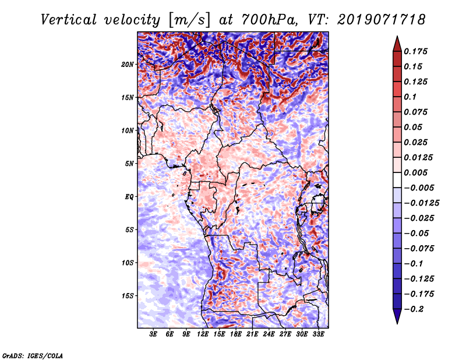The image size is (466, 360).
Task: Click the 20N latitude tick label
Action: click(128, 64)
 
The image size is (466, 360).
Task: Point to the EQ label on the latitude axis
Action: click(129, 197)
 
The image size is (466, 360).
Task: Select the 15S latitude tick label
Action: click(128, 296)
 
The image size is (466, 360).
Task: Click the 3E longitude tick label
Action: click(154, 334)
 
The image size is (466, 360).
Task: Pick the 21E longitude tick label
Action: click(252, 334)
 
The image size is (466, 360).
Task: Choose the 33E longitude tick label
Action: click(318, 334)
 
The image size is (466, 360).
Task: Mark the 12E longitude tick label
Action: click(203, 334)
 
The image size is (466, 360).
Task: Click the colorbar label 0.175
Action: click(417, 51)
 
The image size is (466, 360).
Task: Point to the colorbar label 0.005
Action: click(417, 172)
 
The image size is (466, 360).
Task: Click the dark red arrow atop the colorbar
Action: click(397, 43)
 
